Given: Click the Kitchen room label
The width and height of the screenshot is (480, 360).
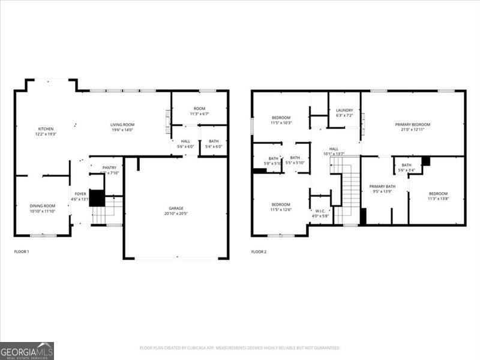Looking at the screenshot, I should [x=46, y=129].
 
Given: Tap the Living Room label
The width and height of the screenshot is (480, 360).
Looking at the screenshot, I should [x=122, y=125].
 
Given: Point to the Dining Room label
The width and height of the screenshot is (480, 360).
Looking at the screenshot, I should [x=42, y=206].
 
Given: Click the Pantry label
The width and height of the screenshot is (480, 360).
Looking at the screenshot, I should [x=109, y=168].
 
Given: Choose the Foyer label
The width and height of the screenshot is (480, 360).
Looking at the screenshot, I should [x=80, y=194].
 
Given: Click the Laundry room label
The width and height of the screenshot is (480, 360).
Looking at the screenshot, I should [x=344, y=110].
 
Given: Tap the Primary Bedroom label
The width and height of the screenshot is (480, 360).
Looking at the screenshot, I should [x=412, y=125].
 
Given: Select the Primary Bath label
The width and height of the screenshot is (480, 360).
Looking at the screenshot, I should [x=382, y=187].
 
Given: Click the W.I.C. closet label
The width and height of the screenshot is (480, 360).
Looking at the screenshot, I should [x=320, y=211].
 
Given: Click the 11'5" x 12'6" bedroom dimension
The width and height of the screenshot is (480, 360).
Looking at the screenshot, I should [x=281, y=209].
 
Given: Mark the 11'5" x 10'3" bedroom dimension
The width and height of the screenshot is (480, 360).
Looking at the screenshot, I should [x=281, y=122].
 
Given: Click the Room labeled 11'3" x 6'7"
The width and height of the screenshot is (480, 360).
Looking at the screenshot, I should [x=199, y=109].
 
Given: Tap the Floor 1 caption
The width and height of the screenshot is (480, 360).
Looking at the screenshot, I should [x=22, y=251].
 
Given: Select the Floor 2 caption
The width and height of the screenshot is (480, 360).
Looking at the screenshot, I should [x=258, y=251].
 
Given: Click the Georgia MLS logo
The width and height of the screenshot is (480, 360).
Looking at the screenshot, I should [x=27, y=350].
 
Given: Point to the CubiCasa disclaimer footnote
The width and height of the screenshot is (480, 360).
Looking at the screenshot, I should [x=240, y=347].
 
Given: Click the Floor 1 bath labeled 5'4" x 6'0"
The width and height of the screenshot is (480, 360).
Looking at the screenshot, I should [x=214, y=144].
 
